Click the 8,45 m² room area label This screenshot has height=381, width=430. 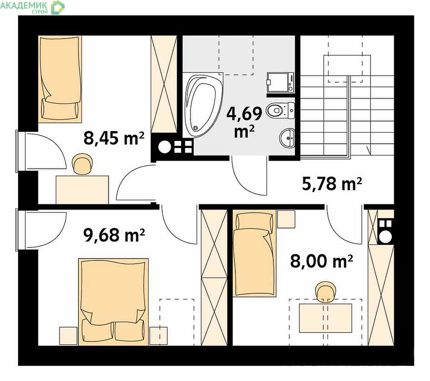pyautogui.click(x=114, y=138)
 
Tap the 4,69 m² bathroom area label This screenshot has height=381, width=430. pyautogui.click(x=244, y=122)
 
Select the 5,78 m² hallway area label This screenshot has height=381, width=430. pyautogui.click(x=332, y=183)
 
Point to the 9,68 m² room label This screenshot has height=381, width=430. pyautogui.click(x=114, y=235)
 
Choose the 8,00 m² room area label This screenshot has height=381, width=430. pyautogui.click(x=321, y=261)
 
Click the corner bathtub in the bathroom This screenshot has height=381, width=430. pyautogui.click(x=203, y=105)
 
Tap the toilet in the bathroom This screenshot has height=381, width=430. pyautogui.click(x=280, y=110)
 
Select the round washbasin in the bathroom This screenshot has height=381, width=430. pyautogui.click(x=287, y=138)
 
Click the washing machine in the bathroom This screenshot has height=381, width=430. pyautogui.click(x=280, y=82)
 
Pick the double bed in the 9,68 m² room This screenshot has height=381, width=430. pyautogui.click(x=113, y=302)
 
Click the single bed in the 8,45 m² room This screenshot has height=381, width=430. pyautogui.click(x=60, y=79)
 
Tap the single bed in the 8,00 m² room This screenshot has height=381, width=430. pyautogui.click(x=254, y=253)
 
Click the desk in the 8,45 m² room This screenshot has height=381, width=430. pyautogui.click(x=82, y=190)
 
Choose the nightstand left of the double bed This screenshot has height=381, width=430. pyautogui.click(x=68, y=336)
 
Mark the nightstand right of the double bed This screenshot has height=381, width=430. pyautogui.click(x=159, y=336)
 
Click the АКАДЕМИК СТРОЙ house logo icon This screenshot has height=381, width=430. pyautogui.click(x=58, y=8)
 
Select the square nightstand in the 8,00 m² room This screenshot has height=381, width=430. pyautogui.click(x=286, y=219)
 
